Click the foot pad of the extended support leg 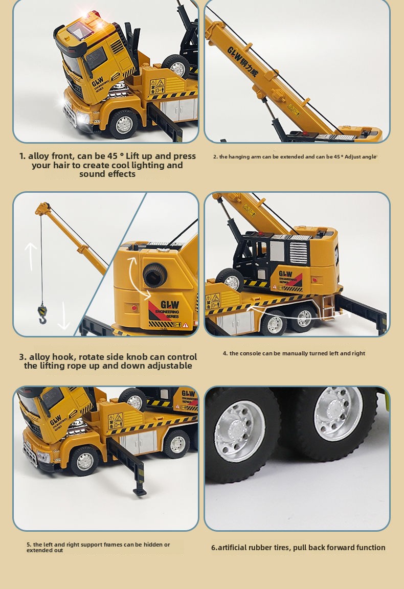(x=140, y=491)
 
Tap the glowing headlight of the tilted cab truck (x=81, y=118)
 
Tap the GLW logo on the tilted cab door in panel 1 (x=98, y=81)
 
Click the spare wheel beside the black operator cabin (x=230, y=280)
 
